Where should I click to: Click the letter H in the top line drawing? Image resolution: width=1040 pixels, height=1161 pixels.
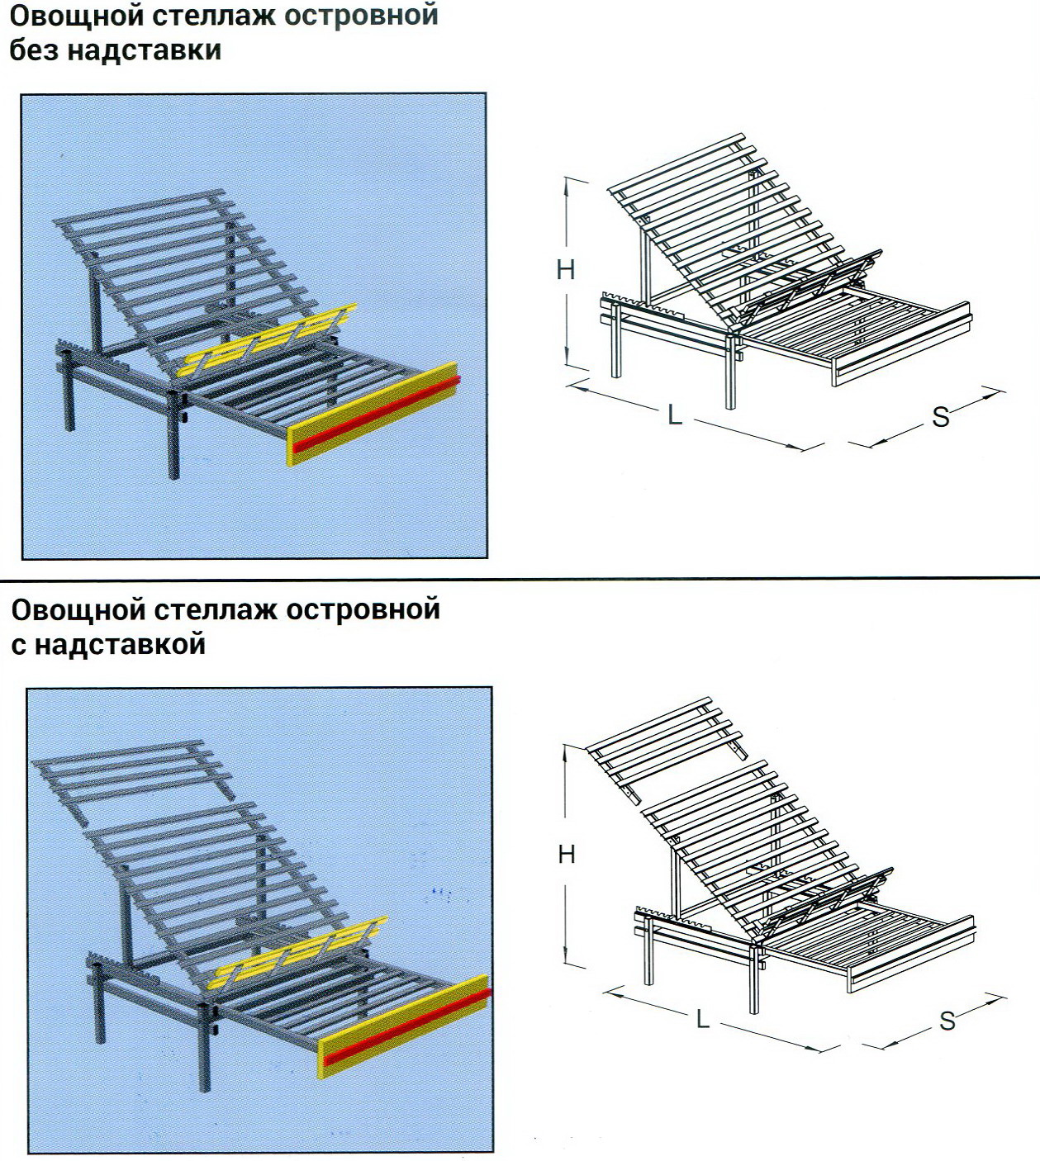pos(566,268)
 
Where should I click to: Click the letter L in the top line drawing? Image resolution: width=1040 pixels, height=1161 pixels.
pos(675,414)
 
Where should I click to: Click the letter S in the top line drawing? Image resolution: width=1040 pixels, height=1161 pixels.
pos(941,417)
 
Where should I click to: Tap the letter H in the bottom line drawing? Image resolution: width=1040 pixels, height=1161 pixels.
pos(567,855)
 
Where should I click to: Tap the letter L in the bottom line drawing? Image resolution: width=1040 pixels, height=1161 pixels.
pos(703,1018)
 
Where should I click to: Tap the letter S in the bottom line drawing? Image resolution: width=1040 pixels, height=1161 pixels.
pos(947,1021)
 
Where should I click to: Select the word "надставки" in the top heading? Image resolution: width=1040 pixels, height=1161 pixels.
pos(145,50)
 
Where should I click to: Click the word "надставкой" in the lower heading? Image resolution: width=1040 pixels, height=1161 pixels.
pos(120,644)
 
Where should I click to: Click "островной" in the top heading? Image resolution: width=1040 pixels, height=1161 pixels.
pos(362,15)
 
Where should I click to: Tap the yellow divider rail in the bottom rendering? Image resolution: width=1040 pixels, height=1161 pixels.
pos(302,950)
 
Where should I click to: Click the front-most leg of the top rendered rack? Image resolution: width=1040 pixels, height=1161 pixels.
pos(173,435)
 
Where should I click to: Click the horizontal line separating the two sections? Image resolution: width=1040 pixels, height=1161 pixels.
pos(520,577)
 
